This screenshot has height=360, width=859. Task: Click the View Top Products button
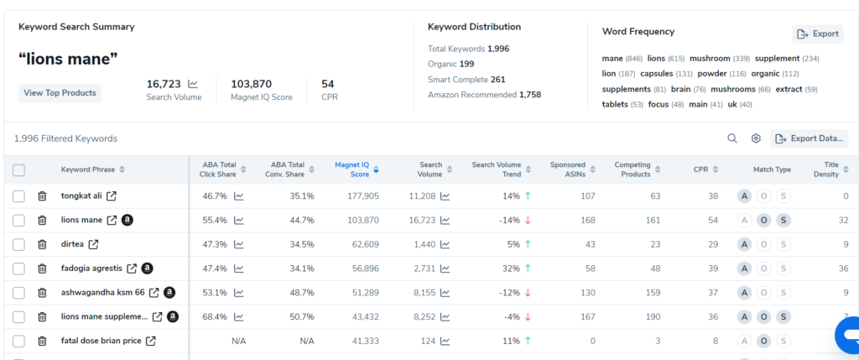60,93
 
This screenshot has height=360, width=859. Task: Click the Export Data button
810,138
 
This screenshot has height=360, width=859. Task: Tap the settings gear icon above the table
756,138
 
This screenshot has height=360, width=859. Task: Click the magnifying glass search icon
731,138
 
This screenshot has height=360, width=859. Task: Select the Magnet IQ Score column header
352,170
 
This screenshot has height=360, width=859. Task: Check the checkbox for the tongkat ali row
18,196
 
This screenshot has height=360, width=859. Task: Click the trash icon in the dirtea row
42,244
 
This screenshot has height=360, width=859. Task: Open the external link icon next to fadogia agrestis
132,269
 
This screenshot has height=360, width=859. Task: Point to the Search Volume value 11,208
422,196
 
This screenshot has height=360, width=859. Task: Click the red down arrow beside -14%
528,220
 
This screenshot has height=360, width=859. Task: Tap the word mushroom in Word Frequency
710,59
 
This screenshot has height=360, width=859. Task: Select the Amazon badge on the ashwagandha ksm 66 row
169,293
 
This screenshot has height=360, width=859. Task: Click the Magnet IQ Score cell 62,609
365,244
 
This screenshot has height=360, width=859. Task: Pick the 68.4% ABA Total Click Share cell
214,316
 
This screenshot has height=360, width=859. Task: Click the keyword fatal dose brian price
102,341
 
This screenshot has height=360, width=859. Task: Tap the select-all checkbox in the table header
18,170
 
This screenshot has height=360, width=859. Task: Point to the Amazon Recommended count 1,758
530,95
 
